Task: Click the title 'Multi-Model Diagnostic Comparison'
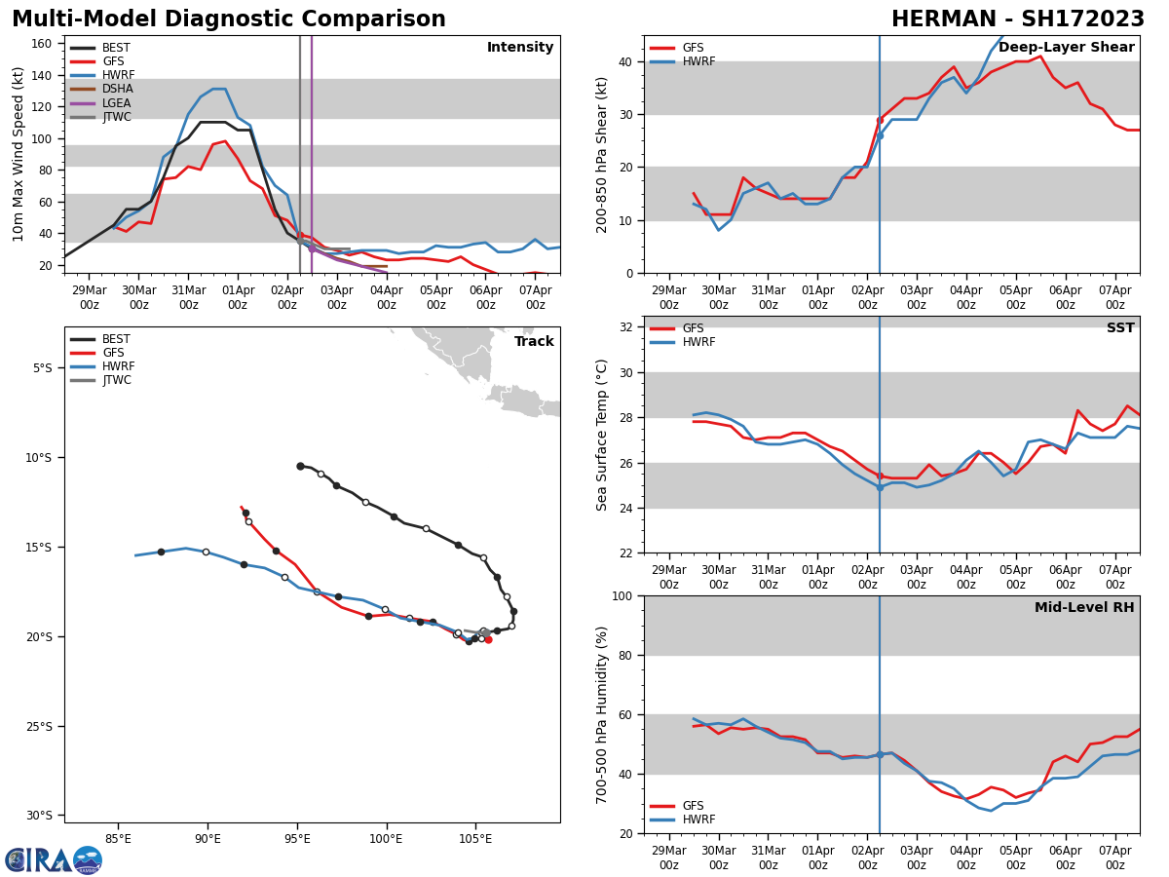228,19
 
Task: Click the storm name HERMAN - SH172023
1018,19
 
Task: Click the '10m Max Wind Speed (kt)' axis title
19,154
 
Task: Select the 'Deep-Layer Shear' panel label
1066,48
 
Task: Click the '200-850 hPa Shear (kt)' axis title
603,154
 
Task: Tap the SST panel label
1119,328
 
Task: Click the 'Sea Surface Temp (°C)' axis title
603,435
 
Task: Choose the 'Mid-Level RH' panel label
1083,608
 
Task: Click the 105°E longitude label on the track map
475,836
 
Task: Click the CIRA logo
53,860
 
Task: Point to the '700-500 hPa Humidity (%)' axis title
603,714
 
